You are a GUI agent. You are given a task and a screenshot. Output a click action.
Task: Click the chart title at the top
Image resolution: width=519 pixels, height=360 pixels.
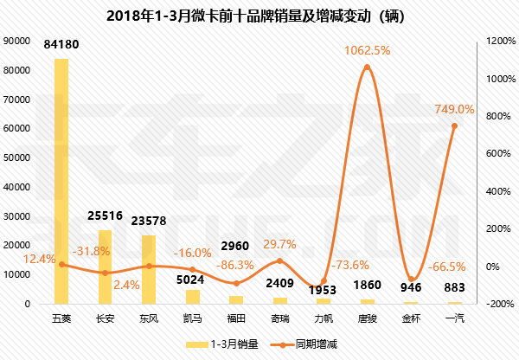tap(259, 16)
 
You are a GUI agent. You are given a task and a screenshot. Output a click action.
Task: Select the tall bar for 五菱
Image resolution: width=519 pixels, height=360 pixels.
tap(61, 182)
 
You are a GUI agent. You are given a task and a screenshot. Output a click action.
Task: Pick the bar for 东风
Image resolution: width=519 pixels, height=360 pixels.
tap(149, 269)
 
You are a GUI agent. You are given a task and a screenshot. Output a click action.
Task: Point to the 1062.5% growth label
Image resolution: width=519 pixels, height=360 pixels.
tap(367, 51)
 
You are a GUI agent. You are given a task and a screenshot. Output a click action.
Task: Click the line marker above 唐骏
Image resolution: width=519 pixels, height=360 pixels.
tap(367, 67)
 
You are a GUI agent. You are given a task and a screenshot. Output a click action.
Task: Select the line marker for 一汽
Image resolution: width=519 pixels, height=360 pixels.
tap(454, 126)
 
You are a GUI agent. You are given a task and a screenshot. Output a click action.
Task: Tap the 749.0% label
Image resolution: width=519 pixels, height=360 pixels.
tap(454, 110)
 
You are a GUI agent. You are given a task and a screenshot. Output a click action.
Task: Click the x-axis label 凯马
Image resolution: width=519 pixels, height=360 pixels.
tap(192, 318)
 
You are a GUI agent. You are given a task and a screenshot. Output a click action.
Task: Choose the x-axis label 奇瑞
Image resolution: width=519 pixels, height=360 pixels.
tap(279, 318)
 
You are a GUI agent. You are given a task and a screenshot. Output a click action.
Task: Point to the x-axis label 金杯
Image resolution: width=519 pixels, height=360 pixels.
tap(410, 318)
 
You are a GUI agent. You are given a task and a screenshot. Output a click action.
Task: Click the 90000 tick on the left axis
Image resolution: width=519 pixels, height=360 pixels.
tap(17, 41)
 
